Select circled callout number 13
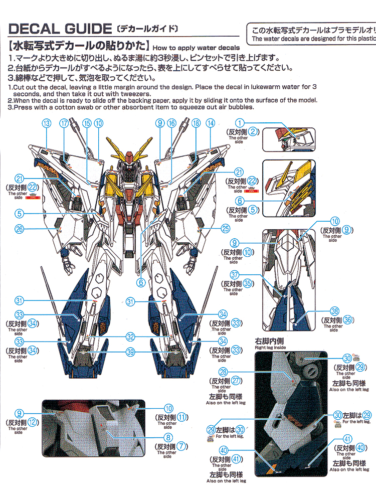47,123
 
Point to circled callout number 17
64,123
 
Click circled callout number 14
211,123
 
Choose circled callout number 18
196,123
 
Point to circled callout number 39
130,353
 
